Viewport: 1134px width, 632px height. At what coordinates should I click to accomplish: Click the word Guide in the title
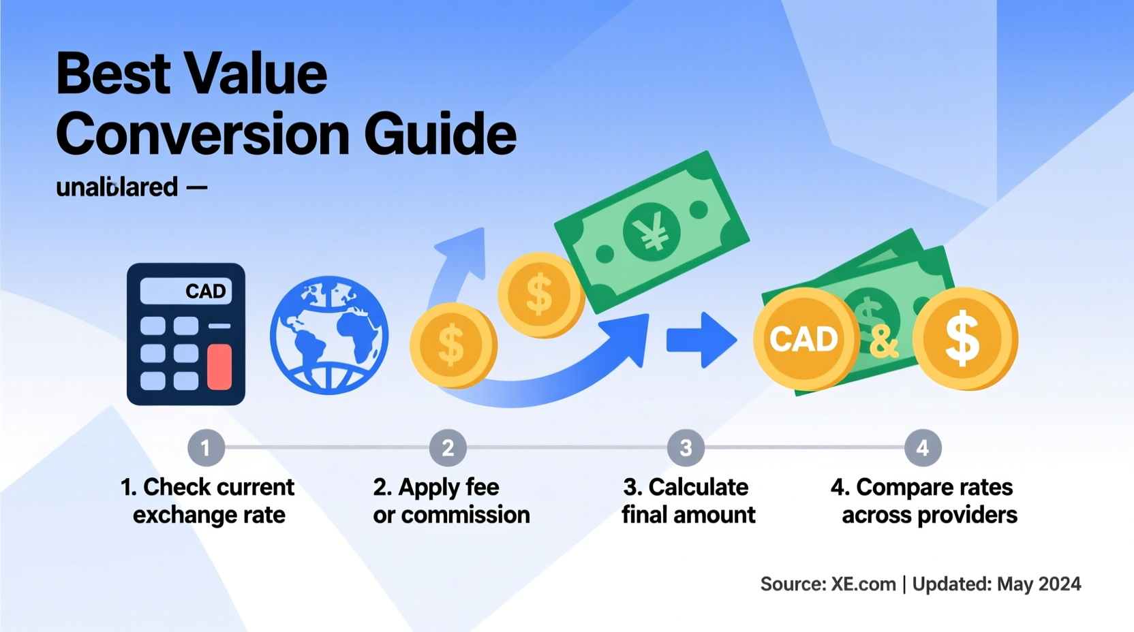tap(440, 133)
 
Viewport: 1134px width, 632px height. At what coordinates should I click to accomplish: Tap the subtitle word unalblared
tap(117, 187)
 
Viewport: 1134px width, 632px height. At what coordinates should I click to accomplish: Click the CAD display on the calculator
tap(186, 291)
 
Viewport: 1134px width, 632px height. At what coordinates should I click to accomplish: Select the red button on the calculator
tap(219, 366)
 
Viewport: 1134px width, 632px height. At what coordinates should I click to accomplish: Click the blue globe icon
tap(329, 335)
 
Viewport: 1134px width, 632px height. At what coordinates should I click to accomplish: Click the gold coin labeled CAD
tap(804, 338)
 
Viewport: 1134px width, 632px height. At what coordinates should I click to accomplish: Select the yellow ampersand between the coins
tap(883, 341)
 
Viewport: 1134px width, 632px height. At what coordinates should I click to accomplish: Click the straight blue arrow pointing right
tap(701, 340)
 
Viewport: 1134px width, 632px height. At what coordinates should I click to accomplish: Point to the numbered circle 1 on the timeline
tap(206, 447)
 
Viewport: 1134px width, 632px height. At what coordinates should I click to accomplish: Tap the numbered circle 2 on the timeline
tap(448, 447)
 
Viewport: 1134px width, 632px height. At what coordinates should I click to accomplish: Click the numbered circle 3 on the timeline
tap(686, 447)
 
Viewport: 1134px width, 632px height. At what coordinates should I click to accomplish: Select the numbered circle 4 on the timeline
tap(923, 447)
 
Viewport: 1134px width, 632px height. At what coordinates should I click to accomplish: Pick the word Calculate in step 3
tap(698, 487)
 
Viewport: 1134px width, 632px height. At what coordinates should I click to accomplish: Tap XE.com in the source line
tap(863, 584)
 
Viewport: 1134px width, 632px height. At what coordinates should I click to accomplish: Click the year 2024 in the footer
tap(1059, 584)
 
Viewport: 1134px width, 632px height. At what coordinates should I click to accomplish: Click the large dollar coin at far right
tap(964, 338)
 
